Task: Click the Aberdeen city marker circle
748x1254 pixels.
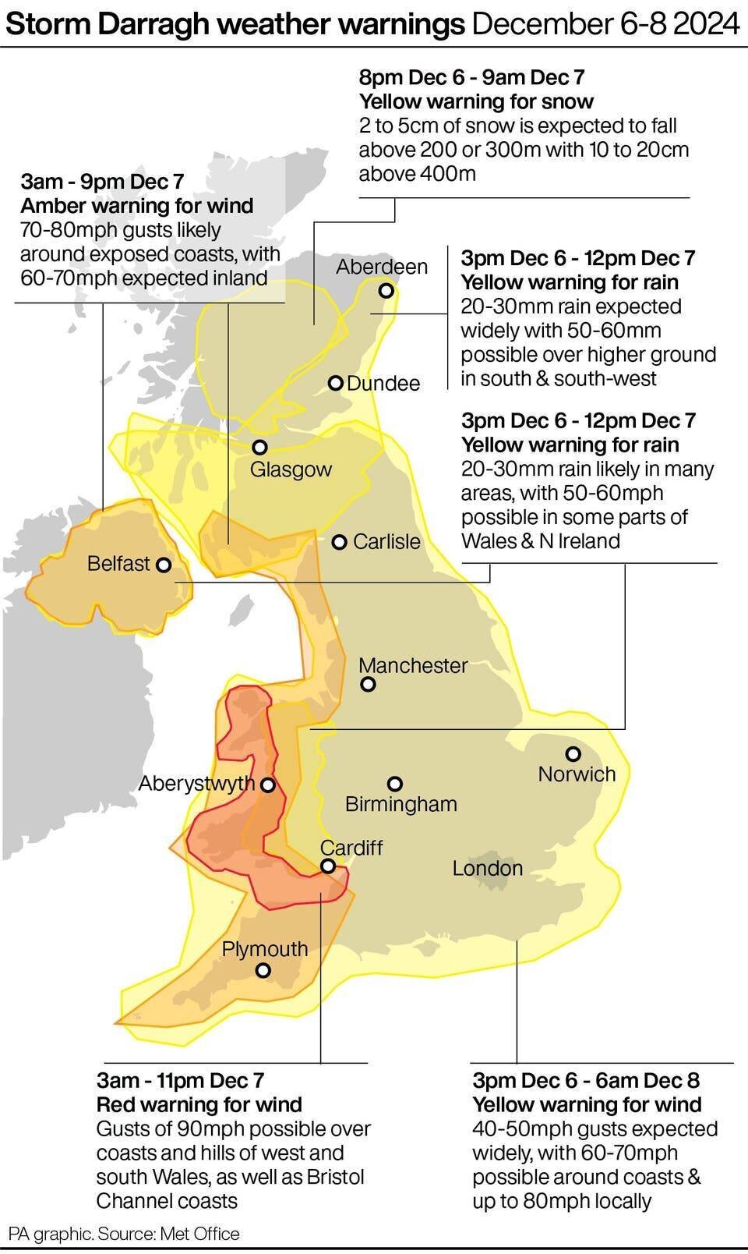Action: (386, 291)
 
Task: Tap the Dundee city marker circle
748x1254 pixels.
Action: (336, 383)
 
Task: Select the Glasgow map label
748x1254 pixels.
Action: (291, 469)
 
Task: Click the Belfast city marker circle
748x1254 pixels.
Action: (164, 565)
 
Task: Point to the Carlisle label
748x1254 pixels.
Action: (386, 541)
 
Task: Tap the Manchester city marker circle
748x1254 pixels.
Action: (369, 684)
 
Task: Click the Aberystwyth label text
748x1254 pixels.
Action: (196, 783)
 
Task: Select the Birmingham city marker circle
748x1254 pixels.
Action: (395, 783)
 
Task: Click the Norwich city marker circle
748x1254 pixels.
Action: (573, 753)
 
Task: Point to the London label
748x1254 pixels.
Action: (488, 868)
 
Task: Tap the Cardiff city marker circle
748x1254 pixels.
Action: (328, 866)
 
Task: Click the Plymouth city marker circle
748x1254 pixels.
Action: (263, 970)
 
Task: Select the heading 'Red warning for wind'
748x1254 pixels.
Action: (199, 1104)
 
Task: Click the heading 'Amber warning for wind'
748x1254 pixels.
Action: (137, 206)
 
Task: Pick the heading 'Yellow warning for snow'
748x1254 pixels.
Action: (476, 101)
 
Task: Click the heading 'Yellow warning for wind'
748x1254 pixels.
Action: (587, 1104)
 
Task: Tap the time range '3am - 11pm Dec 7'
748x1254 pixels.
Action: (181, 1080)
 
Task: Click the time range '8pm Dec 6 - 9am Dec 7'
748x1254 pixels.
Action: (471, 77)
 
